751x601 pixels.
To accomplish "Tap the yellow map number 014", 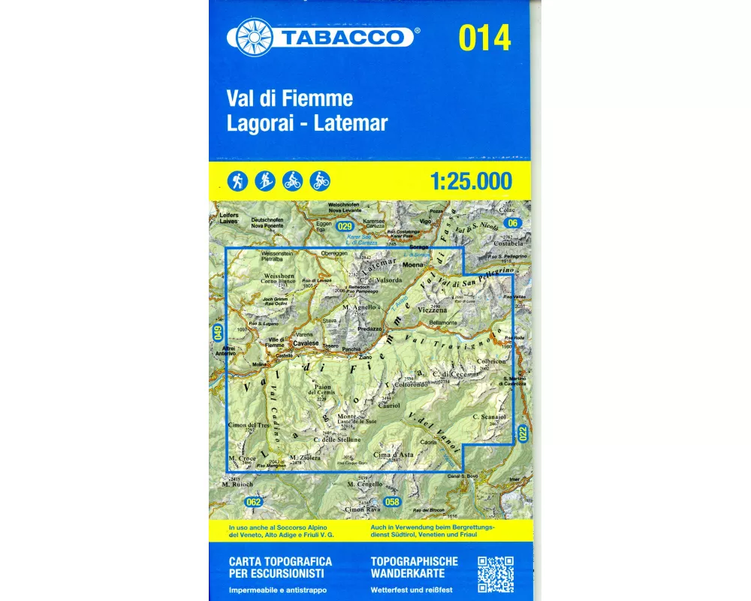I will pos(484,38).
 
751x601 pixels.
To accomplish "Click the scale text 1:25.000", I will pos(471,181).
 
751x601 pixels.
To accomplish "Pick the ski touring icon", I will pos(265,180).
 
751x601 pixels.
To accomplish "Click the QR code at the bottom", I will pos(496,575).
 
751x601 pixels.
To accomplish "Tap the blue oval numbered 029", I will pos(345,226).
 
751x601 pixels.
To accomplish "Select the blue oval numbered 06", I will pos(513,222).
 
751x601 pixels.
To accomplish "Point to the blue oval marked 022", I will pos(523,433).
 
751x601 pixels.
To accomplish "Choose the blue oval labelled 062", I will pos(255,502).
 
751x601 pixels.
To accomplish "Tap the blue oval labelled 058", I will pos(391,502).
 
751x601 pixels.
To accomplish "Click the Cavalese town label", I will pos(306,343).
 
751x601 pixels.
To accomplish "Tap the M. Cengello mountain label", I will pos(366,485).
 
